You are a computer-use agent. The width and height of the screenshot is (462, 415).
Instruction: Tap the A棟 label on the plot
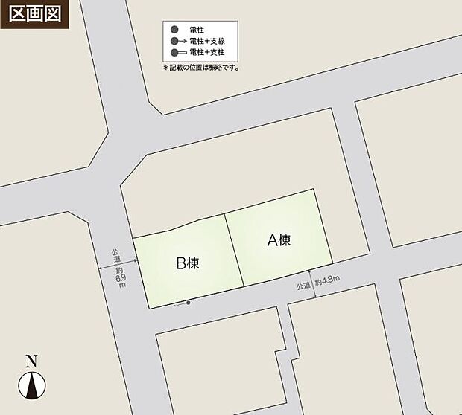[279, 240]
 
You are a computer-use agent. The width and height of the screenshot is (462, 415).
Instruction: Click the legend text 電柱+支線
[207, 41]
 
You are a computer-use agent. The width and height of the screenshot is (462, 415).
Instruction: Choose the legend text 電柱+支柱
[207, 53]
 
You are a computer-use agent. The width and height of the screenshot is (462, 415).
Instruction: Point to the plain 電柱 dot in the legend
[174, 29]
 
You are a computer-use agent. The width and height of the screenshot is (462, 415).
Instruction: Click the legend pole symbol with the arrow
[177, 41]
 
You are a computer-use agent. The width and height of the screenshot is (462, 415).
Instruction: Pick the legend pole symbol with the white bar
[179, 53]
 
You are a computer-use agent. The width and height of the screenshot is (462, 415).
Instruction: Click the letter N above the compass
[31, 362]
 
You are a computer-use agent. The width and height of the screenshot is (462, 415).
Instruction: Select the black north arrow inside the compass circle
[32, 385]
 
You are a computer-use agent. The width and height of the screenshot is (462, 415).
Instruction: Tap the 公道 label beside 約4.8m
[303, 286]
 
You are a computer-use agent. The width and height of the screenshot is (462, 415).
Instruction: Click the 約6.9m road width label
[120, 275]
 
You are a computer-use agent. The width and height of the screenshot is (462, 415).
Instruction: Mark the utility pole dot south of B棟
[189, 303]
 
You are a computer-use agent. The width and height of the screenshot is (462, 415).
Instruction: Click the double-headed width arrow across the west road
[118, 264]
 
